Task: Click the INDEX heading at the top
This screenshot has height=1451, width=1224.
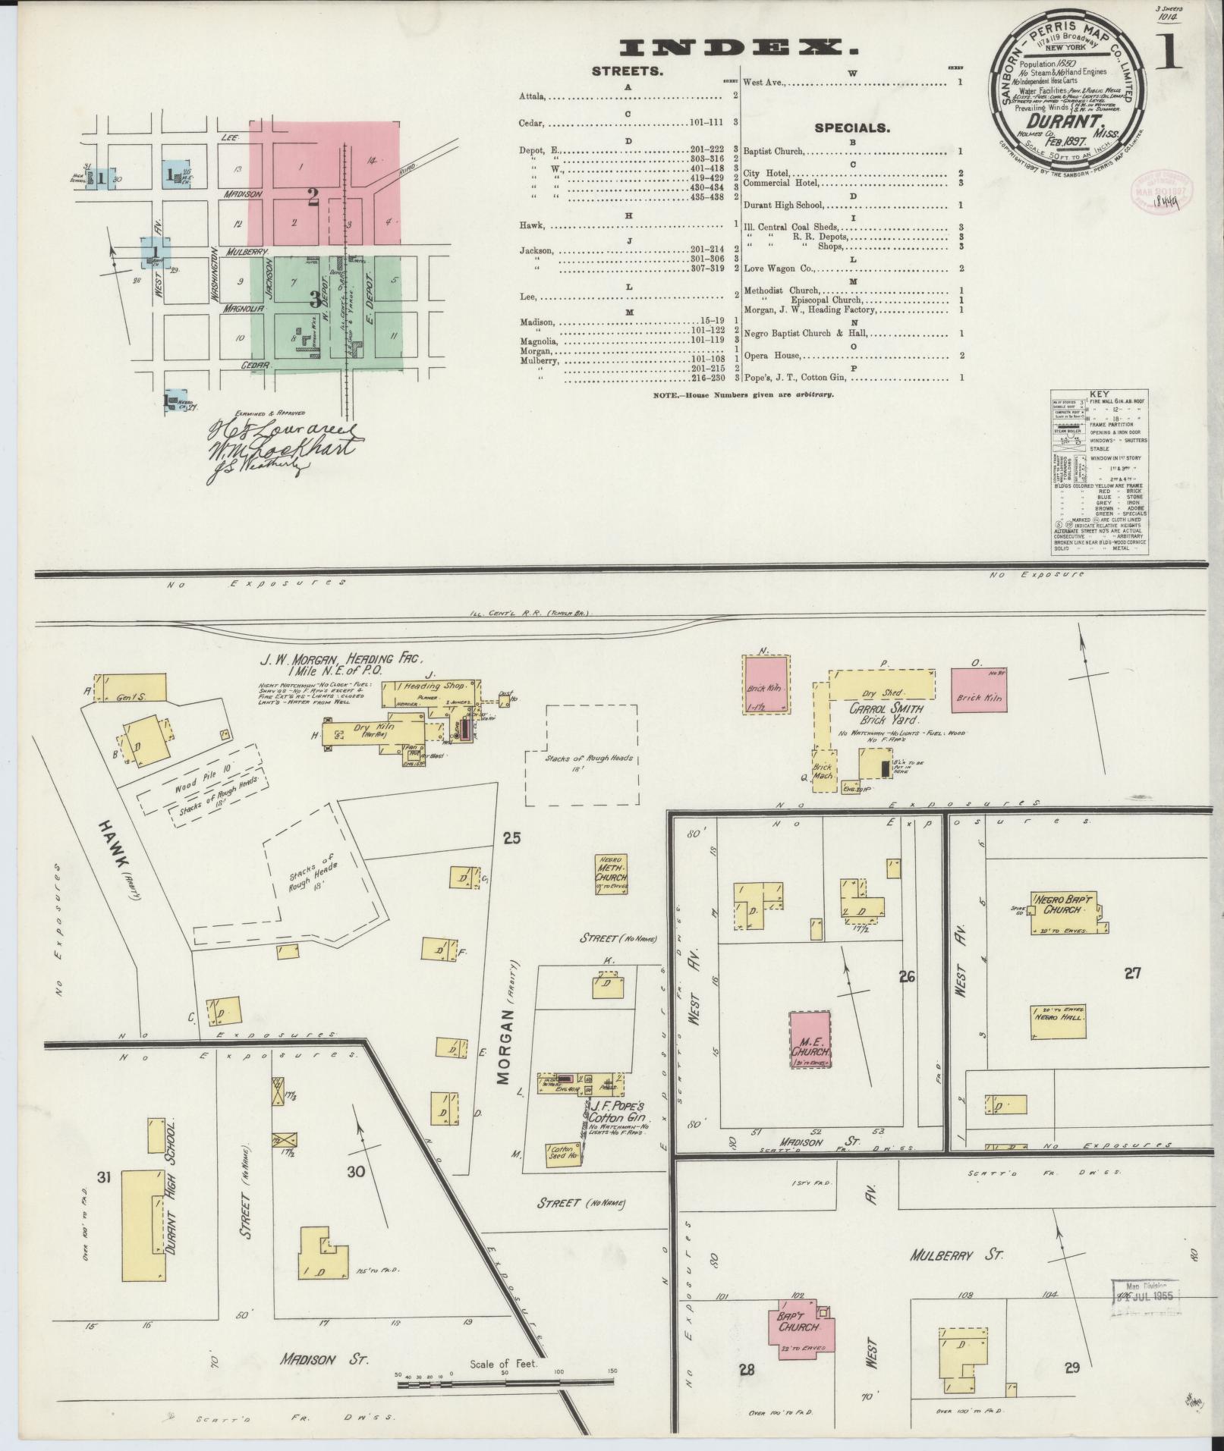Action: click(x=739, y=49)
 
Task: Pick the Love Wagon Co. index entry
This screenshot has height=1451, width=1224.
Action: click(x=778, y=268)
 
